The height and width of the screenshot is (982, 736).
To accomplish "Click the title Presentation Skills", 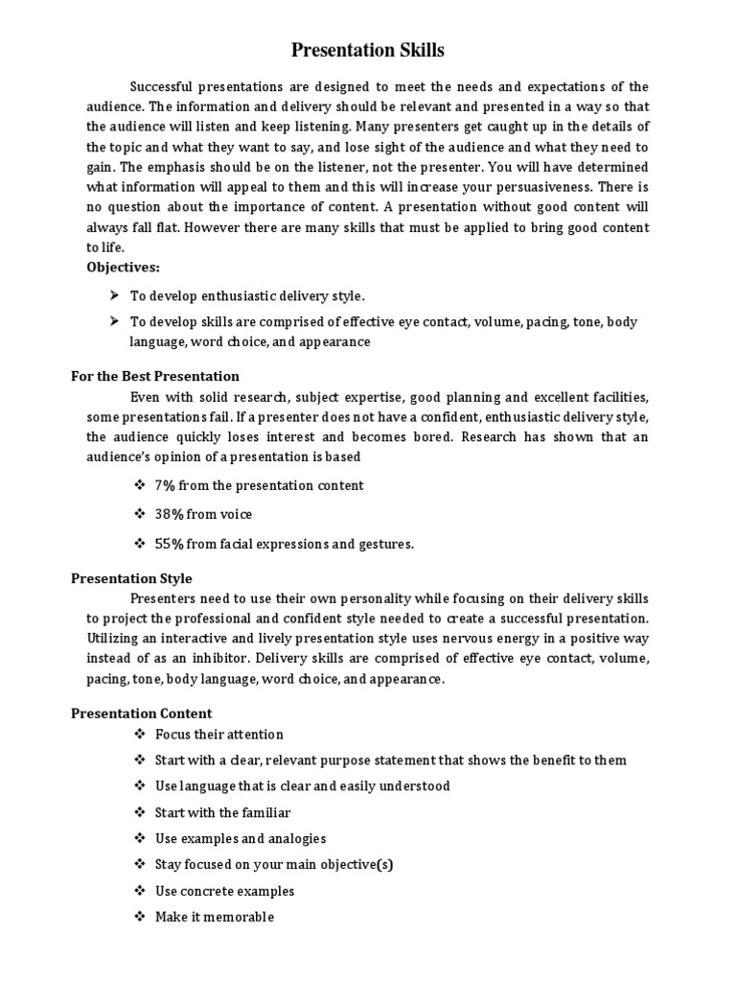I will [368, 50].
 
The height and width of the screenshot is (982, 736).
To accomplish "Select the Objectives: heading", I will [124, 266].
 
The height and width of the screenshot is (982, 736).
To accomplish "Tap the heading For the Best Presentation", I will [155, 376].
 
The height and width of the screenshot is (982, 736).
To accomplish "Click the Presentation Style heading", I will [131, 578].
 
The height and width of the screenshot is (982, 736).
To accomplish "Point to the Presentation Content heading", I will [142, 713].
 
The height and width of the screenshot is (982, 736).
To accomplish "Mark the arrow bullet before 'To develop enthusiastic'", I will [114, 296].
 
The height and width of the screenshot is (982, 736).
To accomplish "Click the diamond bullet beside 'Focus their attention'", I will [140, 735].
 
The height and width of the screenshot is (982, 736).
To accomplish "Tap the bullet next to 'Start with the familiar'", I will [140, 812].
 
